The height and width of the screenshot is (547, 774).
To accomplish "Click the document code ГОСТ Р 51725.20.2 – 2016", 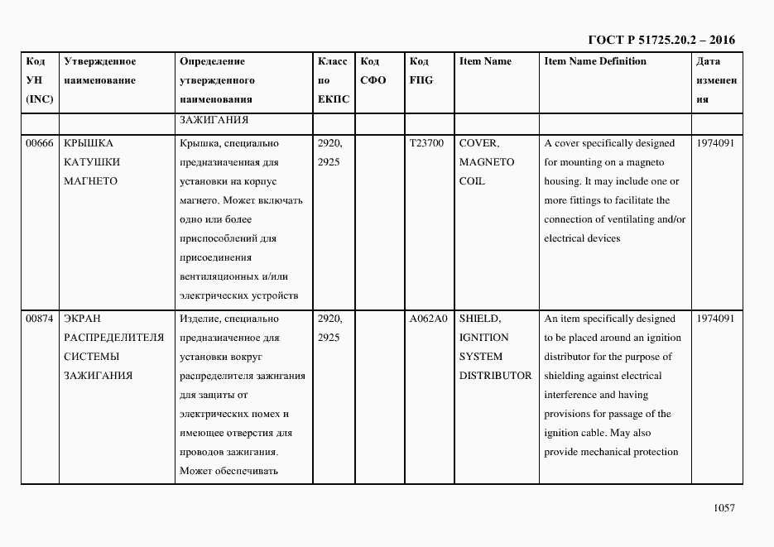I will point(661,40).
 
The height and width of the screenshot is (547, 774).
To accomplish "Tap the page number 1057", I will point(724,508).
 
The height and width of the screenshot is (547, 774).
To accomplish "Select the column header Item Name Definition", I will point(594,61).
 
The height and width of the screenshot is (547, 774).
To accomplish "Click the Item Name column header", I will point(485,61).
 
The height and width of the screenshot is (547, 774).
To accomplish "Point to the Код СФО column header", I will point(373,70).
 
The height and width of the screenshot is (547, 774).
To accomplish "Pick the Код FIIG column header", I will point(421,70).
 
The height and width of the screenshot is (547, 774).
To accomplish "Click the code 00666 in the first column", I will point(39,143).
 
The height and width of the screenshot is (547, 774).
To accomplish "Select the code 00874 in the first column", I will point(39,319).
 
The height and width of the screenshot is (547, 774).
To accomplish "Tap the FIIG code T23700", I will point(426,143).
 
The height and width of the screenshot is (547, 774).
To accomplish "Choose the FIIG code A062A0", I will point(428,319).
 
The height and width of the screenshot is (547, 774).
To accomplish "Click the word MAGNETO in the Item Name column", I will point(486,162).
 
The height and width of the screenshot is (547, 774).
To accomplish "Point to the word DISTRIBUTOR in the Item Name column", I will point(495,376).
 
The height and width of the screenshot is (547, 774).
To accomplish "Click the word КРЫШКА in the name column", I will point(88,143).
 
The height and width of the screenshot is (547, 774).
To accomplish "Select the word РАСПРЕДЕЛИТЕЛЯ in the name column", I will point(113,338).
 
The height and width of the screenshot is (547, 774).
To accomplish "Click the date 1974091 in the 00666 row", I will point(716,143).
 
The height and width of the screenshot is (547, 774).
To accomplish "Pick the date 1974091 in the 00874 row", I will point(716,319).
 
